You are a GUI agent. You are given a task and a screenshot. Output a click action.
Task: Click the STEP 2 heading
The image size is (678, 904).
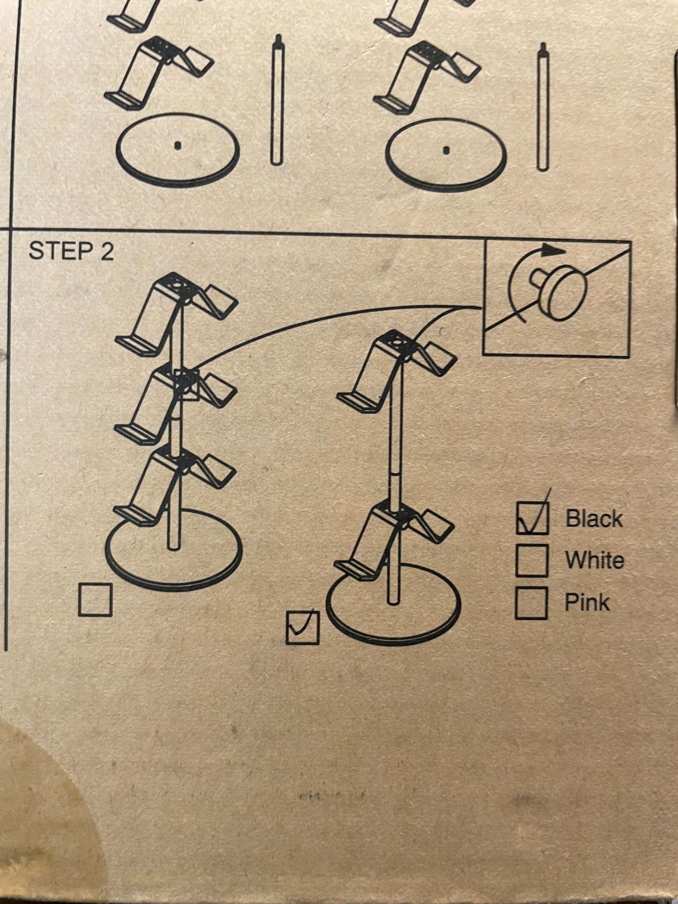pos(71,251)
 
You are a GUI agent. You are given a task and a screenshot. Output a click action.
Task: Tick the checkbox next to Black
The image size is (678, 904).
pos(532,518)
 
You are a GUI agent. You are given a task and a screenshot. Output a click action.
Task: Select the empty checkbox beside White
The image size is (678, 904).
pos(531,560)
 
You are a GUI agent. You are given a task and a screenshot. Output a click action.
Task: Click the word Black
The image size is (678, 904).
pos(594,518)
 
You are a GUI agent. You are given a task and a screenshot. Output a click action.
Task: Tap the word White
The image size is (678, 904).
pos(595,560)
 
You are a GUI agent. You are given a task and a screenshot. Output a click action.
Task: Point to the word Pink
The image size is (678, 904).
pos(587,602)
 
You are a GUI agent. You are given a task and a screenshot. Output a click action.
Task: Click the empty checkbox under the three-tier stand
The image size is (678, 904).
pos(95,599)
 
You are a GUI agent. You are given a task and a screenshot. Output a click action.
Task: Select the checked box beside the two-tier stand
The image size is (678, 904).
pos(302,627)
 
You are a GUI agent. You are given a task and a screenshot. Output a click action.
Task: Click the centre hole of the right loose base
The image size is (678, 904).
pos(445,149)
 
